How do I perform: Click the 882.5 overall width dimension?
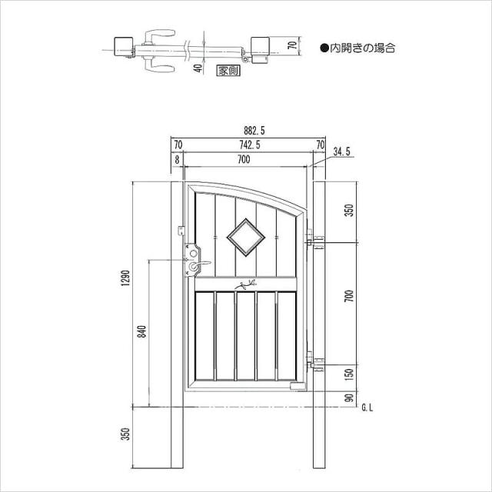click(x=254, y=130)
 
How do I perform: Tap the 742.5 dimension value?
click(x=250, y=145)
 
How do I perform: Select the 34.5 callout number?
click(x=341, y=152)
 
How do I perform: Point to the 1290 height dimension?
click(x=126, y=278)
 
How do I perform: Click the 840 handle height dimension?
click(x=142, y=331)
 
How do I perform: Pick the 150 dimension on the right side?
click(x=349, y=374)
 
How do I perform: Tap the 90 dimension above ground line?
click(x=349, y=398)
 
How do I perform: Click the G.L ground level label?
click(x=367, y=408)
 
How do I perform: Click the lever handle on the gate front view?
click(x=200, y=264)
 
